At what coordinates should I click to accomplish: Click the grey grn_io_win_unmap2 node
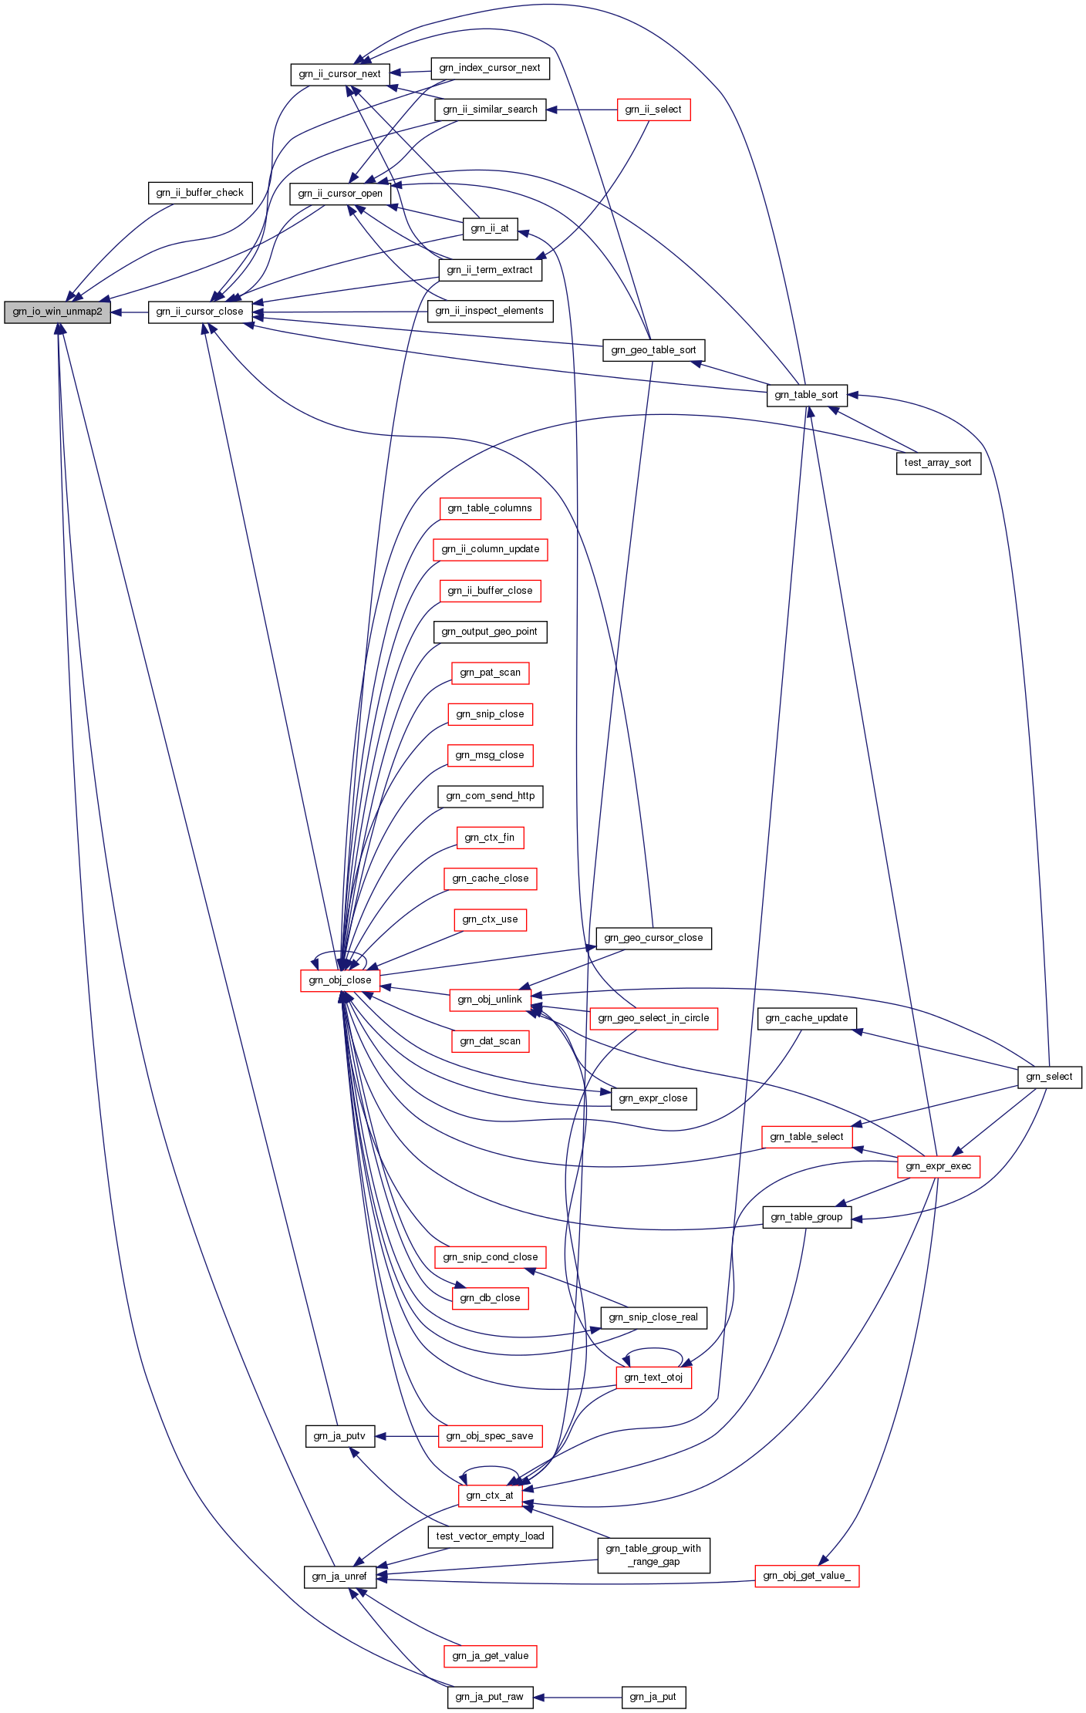[57, 312]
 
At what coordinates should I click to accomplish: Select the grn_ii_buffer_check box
[200, 193]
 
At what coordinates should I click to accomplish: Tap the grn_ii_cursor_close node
[200, 312]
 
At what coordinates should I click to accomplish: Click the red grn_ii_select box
[653, 110]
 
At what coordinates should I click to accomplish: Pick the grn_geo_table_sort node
[653, 350]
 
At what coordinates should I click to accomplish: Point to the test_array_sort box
[938, 463]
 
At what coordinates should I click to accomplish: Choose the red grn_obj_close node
[339, 980]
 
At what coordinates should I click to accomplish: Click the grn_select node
[1049, 1077]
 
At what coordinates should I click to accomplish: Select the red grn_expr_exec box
[938, 1166]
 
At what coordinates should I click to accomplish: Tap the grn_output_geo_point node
[490, 632]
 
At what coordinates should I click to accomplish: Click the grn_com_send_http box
[490, 796]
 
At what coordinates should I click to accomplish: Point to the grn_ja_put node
[653, 1697]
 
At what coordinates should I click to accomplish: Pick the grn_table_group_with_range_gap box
[653, 1555]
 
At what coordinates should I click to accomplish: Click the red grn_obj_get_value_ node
[806, 1576]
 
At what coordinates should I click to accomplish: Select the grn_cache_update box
[806, 1018]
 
